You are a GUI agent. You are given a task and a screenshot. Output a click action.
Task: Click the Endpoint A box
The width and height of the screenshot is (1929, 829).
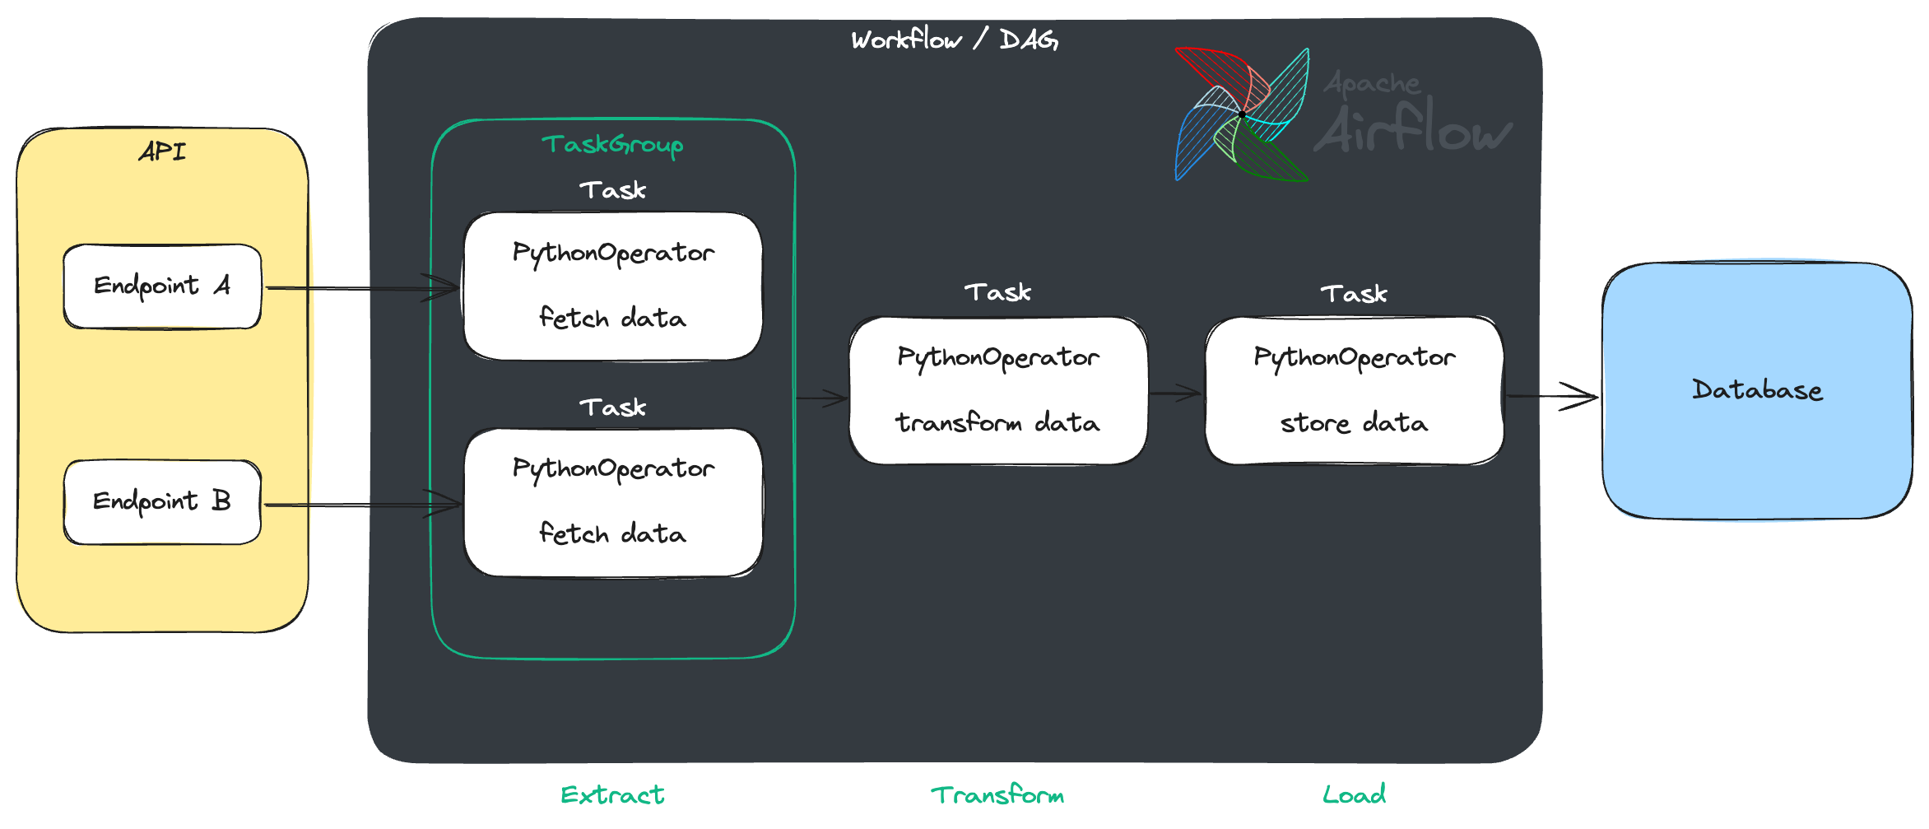click(162, 286)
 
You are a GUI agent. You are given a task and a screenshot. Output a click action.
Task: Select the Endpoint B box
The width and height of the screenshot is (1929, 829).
click(162, 502)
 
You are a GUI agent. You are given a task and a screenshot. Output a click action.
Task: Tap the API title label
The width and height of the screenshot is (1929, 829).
click(162, 151)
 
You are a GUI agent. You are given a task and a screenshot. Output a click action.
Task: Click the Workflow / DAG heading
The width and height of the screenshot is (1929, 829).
click(955, 40)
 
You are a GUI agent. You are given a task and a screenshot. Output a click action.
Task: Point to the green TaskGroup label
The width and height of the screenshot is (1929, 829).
click(612, 145)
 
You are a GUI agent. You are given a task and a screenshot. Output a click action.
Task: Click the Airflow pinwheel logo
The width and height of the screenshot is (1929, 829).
click(1241, 114)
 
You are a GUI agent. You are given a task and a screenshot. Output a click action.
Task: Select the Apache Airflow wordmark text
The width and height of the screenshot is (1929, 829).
click(1412, 115)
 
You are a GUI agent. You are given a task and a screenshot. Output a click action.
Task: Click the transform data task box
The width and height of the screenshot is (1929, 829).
click(997, 391)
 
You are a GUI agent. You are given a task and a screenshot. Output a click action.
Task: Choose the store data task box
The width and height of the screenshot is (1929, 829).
click(1354, 391)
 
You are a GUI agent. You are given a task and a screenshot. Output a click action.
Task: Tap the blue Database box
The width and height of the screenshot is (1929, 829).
click(1757, 391)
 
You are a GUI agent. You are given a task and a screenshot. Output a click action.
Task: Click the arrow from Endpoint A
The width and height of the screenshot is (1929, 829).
click(362, 288)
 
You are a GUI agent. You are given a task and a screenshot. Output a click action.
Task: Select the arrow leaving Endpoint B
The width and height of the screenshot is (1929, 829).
click(362, 505)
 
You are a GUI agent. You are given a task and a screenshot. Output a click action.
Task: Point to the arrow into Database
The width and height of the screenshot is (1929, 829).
click(1551, 396)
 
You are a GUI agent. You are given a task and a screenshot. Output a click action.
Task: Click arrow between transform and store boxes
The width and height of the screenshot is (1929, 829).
click(1175, 394)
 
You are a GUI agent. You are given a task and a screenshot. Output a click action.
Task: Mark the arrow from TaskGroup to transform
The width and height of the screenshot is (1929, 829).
click(821, 398)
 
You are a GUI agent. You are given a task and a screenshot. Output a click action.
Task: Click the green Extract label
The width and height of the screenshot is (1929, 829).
click(612, 794)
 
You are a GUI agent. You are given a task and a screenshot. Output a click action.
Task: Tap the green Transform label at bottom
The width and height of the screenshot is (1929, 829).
click(997, 794)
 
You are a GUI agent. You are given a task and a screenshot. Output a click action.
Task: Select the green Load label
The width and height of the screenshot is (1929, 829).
click(1354, 794)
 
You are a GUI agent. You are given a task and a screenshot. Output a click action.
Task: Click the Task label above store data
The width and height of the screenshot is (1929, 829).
click(1354, 294)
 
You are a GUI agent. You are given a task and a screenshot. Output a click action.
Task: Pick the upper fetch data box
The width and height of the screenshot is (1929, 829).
click(612, 286)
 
